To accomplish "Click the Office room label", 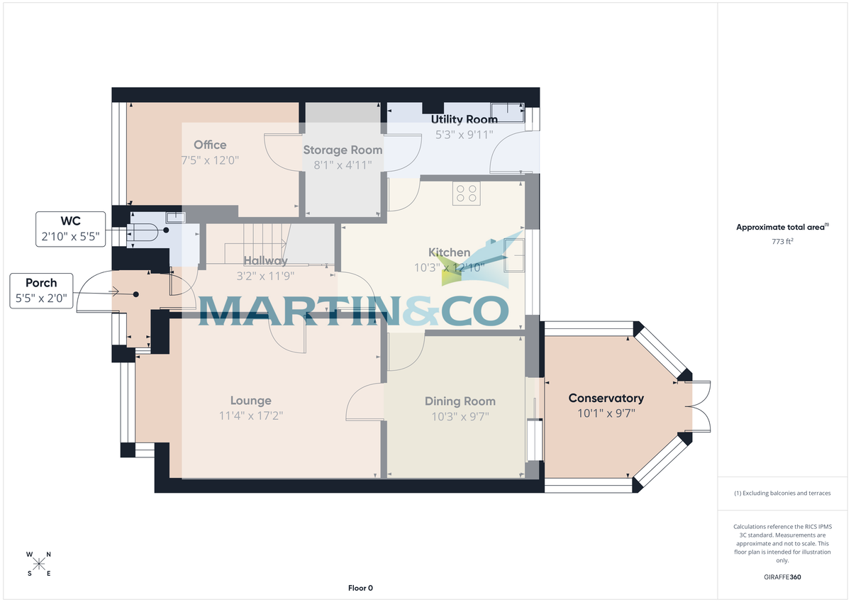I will tap(209, 145).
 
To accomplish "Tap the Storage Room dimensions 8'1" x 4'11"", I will tap(343, 165).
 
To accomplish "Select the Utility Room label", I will tap(464, 119).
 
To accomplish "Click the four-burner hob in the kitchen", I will tap(466, 194).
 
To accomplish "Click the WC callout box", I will tap(70, 228).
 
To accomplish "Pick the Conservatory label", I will tap(606, 398).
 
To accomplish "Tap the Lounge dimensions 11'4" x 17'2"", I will tap(250, 416).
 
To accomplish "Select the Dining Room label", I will tap(460, 401).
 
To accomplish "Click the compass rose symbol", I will tap(39, 564).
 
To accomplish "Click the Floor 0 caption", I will tap(360, 588).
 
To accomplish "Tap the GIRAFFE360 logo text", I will tap(783, 577).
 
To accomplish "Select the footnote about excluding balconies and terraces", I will tap(783, 493).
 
